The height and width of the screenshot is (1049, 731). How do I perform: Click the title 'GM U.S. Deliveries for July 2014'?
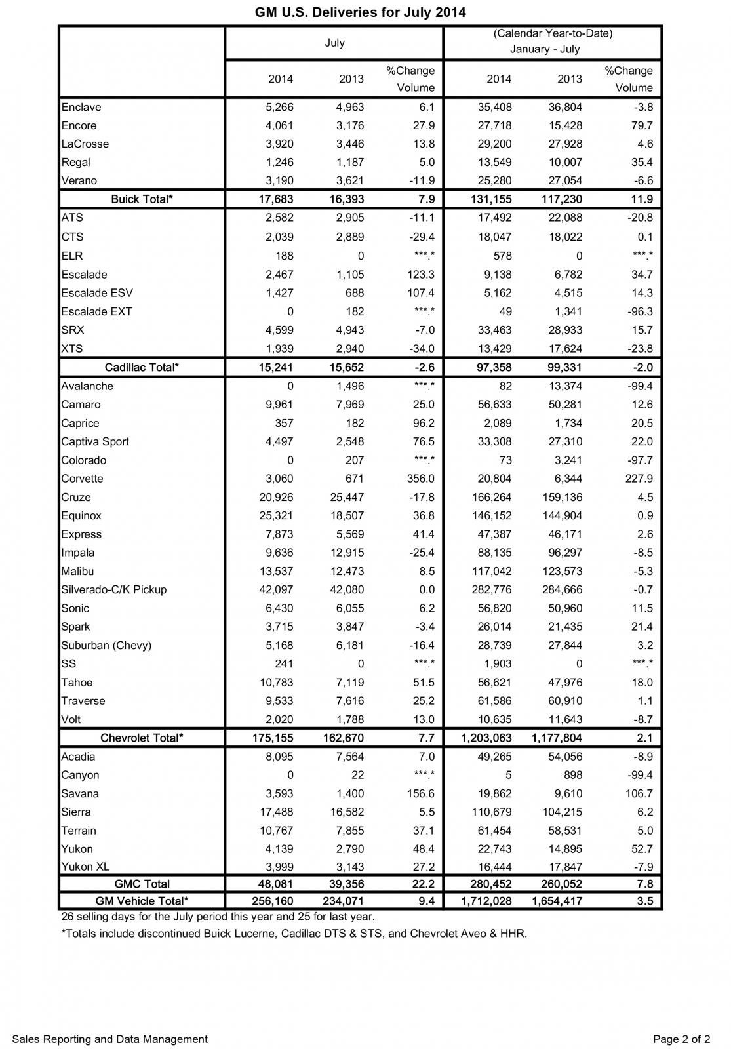click(x=360, y=12)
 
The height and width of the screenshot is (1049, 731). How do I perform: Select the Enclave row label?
click(x=81, y=107)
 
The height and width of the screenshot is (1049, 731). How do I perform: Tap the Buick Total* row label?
click(x=142, y=199)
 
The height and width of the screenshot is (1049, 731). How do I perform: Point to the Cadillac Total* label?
click(x=142, y=368)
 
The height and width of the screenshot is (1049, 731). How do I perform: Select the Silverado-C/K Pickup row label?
click(x=114, y=589)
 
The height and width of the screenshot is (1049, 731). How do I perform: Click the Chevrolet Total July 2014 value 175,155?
click(x=273, y=738)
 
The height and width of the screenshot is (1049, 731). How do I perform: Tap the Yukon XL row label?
click(x=85, y=867)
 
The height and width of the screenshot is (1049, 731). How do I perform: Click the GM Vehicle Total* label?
click(x=142, y=901)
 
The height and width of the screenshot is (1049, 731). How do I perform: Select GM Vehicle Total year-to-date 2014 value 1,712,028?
click(x=486, y=901)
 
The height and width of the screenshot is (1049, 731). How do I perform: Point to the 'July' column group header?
click(x=334, y=43)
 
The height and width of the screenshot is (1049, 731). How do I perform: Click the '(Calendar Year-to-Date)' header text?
click(x=553, y=33)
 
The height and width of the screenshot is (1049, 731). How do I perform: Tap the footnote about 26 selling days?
click(x=218, y=917)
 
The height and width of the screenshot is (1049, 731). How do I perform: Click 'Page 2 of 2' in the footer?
click(x=681, y=1039)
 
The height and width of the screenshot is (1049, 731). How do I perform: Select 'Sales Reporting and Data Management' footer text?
click(x=109, y=1039)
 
